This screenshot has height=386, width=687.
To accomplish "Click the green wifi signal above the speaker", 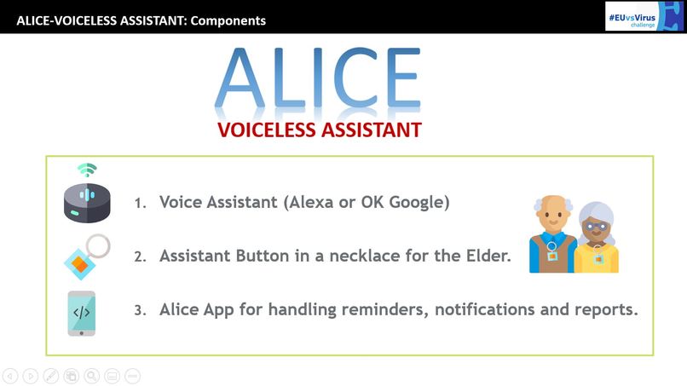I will click(87, 169).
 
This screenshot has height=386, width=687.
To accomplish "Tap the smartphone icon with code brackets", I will click(82, 313).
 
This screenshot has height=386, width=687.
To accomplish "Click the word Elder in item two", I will click(488, 256).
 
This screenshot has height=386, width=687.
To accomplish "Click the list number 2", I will click(139, 256).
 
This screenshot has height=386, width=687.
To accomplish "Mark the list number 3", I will click(139, 310).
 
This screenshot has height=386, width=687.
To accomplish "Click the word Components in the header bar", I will click(228, 20).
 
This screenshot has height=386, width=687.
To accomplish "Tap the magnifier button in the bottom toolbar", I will click(92, 375).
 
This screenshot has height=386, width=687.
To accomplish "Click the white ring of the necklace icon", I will click(98, 246).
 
